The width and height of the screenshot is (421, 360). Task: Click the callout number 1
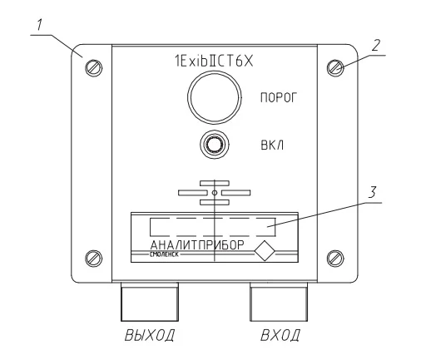(x=39, y=25)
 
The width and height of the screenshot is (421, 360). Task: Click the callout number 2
(x=375, y=45)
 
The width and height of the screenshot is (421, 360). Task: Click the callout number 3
(x=372, y=192)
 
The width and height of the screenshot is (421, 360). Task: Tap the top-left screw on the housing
(x=93, y=67)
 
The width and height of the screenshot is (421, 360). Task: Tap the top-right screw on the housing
(x=335, y=67)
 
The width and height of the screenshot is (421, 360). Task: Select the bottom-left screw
(x=93, y=259)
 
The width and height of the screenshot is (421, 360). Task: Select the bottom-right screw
(x=335, y=259)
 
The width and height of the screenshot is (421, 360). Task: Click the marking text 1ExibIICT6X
(x=214, y=62)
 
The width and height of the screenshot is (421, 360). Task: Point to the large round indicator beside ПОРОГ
(x=215, y=97)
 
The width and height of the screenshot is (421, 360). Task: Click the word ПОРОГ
(x=279, y=97)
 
